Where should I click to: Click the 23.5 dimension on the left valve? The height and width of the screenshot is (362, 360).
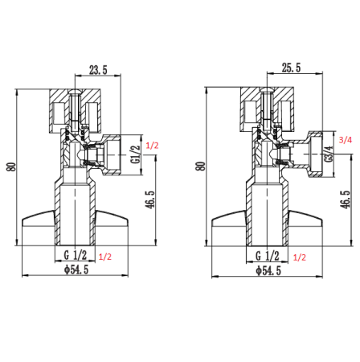click(98, 70)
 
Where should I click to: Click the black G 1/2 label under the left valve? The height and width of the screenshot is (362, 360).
click(76, 256)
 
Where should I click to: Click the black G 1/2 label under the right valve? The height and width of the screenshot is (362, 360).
click(268, 256)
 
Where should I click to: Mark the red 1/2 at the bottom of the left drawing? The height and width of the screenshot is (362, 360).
click(104, 257)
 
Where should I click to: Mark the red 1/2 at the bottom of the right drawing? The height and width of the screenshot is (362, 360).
click(300, 257)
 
